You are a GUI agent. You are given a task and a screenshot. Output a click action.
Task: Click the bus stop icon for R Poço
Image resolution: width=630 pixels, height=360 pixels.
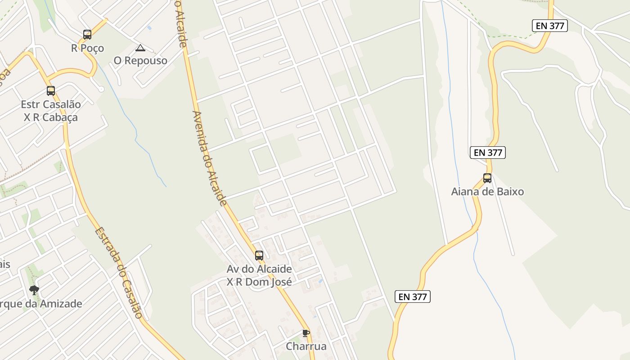pyautogui.click(x=87, y=34)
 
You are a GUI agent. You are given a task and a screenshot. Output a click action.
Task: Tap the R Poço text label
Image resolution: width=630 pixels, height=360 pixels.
pyautogui.click(x=87, y=48)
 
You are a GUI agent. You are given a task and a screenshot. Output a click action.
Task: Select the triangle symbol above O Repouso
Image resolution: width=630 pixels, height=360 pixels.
pyautogui.click(x=140, y=48)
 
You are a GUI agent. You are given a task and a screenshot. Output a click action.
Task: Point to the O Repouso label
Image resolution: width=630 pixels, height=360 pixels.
pyautogui.click(x=140, y=61)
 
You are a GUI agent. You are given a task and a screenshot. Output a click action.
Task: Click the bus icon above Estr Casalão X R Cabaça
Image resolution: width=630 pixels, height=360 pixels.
pyautogui.click(x=51, y=91)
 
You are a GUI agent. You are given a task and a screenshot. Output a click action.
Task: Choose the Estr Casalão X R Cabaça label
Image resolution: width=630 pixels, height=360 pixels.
pyautogui.click(x=51, y=111)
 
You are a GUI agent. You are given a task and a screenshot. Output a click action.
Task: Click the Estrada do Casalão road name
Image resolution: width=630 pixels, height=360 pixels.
pyautogui.click(x=118, y=273)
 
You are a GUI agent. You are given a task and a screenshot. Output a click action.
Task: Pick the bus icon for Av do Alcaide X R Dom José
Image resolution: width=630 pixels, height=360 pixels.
pyautogui.click(x=259, y=256)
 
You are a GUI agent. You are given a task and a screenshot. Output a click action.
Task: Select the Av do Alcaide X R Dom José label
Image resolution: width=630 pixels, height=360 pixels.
pyautogui.click(x=259, y=275)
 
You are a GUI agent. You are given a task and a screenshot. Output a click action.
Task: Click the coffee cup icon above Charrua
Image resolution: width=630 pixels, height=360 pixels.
pyautogui.click(x=306, y=333)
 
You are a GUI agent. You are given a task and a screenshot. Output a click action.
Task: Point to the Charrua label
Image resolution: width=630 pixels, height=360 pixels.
pyautogui.click(x=306, y=346)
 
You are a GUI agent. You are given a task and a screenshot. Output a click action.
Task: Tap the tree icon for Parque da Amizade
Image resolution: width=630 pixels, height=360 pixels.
pyautogui.click(x=34, y=290)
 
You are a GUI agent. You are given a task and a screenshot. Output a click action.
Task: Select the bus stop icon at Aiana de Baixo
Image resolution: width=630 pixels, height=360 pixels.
pyautogui.click(x=487, y=178)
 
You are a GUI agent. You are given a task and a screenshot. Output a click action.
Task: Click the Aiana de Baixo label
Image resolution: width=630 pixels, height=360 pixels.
pyautogui.click(x=487, y=192)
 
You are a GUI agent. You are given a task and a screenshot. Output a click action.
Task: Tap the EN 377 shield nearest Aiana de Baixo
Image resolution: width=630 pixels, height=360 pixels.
pyautogui.click(x=488, y=153)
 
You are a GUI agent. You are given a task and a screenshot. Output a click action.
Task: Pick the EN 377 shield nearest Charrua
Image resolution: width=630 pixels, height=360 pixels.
pyautogui.click(x=413, y=297)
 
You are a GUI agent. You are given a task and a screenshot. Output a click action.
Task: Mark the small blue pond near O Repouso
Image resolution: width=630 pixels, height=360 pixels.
pyautogui.click(x=149, y=28)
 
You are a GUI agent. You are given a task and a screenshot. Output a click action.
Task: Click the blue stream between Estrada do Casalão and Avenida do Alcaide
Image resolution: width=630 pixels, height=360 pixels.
pyautogui.click(x=135, y=135)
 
